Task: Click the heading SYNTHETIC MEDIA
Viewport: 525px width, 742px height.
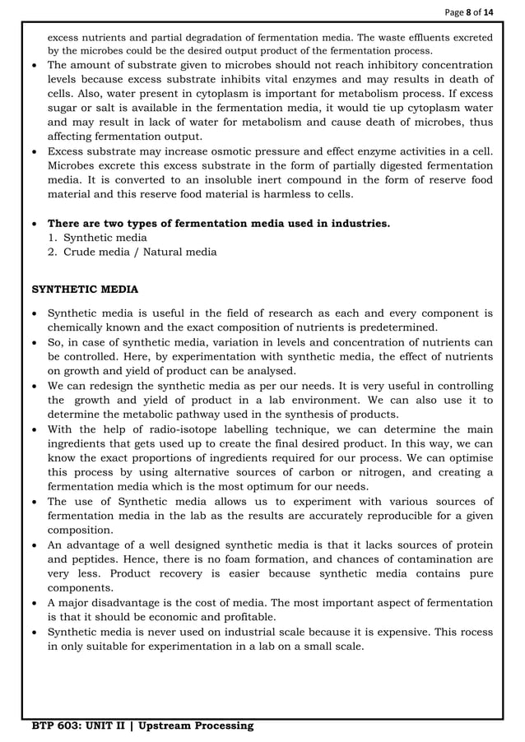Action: [85, 290]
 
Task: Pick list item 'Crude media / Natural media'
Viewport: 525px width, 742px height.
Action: [140, 252]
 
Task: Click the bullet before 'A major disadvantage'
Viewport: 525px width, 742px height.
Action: [35, 602]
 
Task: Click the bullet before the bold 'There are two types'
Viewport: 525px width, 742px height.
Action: [35, 224]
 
